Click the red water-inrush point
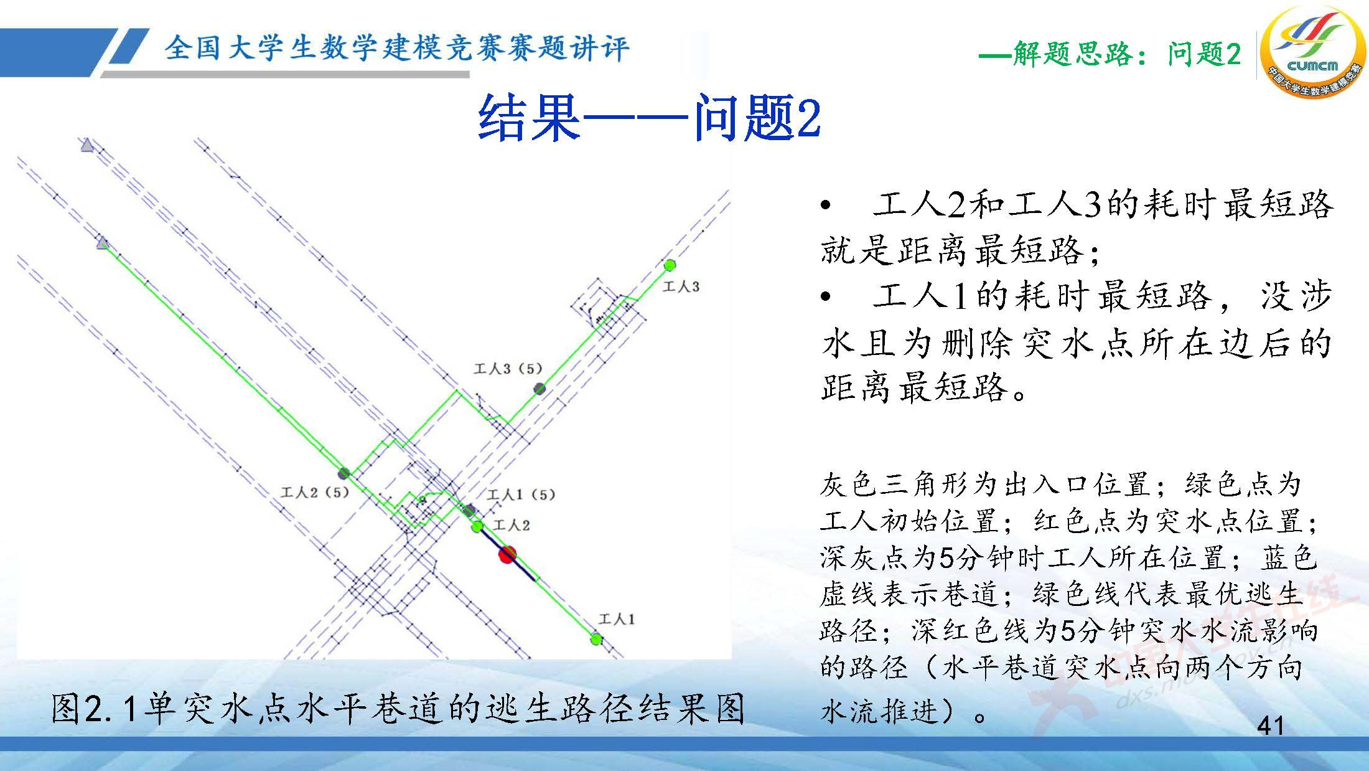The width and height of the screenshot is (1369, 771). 508,554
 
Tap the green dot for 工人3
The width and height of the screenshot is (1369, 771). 670,265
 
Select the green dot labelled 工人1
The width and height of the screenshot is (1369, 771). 596,639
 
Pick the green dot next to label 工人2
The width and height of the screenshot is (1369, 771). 477,527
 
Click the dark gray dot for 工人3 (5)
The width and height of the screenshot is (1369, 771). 540,389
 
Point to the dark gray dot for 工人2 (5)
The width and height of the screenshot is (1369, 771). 343,473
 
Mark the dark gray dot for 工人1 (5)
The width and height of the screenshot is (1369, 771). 470,511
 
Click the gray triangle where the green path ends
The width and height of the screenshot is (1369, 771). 103,243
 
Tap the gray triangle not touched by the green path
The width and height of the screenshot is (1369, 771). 87,146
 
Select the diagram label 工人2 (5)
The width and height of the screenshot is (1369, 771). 315,493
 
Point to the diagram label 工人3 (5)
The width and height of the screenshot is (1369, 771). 508,369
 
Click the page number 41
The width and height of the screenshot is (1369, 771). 1270,726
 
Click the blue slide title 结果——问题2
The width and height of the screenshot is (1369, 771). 648,118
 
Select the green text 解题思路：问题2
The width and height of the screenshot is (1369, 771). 1110,55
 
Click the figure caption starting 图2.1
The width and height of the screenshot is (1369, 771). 398,709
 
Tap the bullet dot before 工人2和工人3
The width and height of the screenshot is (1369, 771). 826,206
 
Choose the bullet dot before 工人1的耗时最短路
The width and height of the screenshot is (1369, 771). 826,297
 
